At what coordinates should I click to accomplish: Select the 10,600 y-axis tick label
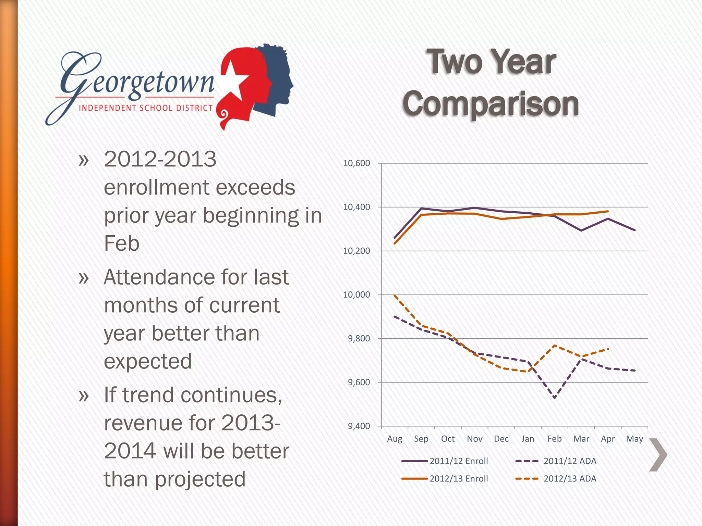[356, 163]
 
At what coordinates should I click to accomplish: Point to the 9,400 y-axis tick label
[359, 426]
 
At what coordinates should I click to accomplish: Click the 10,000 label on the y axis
[356, 295]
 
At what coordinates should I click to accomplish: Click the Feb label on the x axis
[554, 439]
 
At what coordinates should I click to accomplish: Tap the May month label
[634, 439]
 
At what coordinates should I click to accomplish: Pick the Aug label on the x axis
[395, 439]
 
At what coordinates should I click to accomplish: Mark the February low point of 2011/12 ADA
[554, 398]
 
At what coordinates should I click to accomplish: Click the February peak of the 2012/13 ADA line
[554, 345]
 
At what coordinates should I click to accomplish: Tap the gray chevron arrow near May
[658, 455]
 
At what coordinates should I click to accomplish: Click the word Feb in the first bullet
[122, 243]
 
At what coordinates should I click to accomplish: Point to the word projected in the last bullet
[200, 479]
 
